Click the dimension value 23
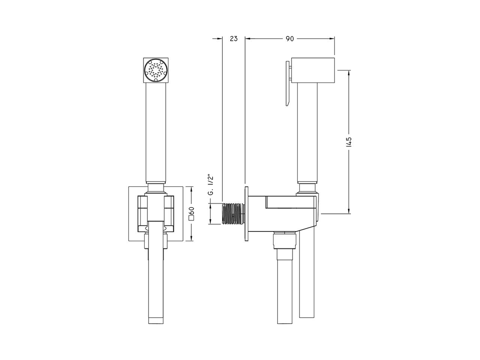pyautogui.click(x=234, y=39)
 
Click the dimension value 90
pyautogui.click(x=289, y=39)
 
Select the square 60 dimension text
pyautogui.click(x=192, y=213)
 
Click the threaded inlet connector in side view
pyautogui.click(x=232, y=214)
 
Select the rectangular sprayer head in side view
pyautogui.click(x=313, y=70)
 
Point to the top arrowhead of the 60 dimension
pyautogui.click(x=192, y=189)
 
